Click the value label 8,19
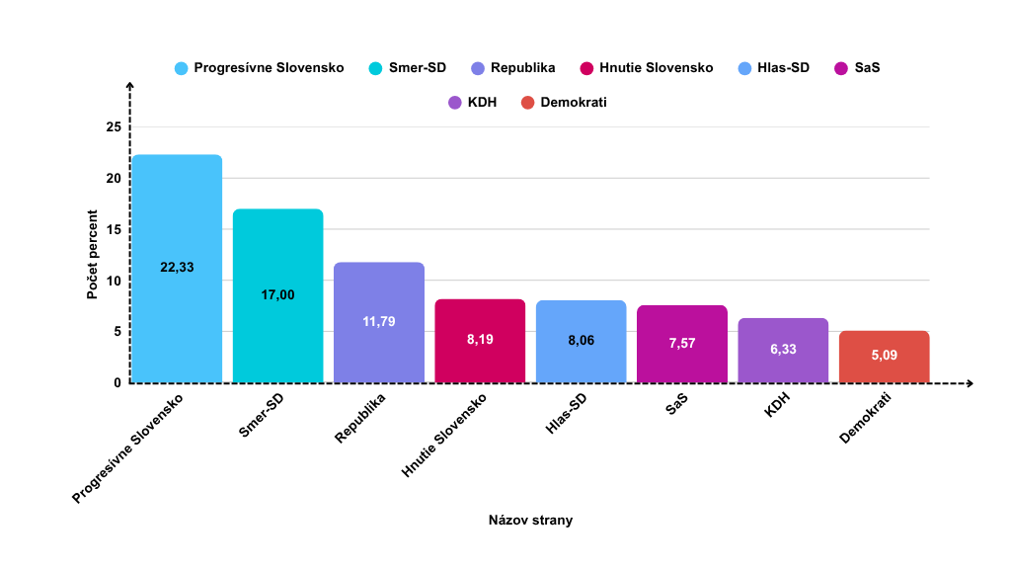(480, 339)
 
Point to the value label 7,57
(681, 342)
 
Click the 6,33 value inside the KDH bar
(783, 348)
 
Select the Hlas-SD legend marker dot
(745, 68)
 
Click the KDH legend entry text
(483, 102)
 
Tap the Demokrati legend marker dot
(527, 102)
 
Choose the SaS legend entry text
(869, 68)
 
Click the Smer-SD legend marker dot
(375, 68)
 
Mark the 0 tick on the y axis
(117, 383)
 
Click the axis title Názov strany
(530, 520)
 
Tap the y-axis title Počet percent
(92, 255)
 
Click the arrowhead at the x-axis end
(971, 383)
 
